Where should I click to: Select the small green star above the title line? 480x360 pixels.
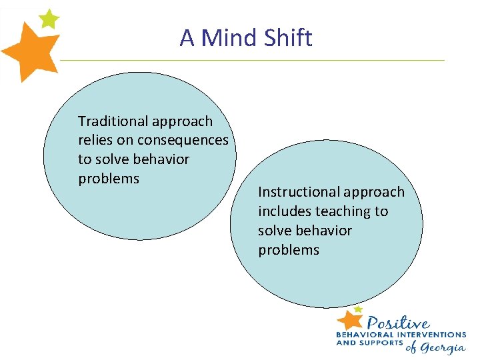[49, 19]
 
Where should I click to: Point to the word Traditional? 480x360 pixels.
[113, 121]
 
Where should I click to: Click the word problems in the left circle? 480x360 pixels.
[109, 179]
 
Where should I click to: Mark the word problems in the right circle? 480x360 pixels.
[289, 250]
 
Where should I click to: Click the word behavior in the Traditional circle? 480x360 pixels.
[161, 160]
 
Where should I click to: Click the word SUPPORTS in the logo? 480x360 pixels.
[381, 343]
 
